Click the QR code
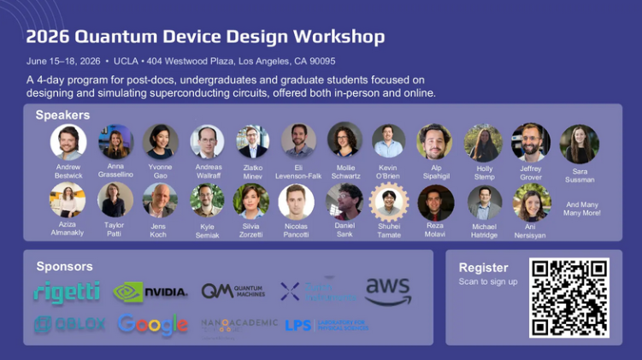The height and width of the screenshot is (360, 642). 569,297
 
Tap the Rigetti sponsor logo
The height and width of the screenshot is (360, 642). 67,292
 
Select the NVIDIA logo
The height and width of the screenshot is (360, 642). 150,292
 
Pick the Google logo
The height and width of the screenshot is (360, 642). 153,325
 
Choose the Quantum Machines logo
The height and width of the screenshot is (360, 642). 233,292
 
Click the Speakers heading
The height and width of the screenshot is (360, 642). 62,115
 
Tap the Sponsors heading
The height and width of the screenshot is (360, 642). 65,266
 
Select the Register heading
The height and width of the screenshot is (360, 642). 483,268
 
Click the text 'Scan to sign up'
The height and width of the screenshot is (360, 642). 488,281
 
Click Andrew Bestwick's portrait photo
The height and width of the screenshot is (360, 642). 68,142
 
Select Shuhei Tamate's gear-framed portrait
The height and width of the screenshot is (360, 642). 389,202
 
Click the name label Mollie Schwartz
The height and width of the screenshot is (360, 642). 345,172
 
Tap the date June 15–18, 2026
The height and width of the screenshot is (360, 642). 63,62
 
